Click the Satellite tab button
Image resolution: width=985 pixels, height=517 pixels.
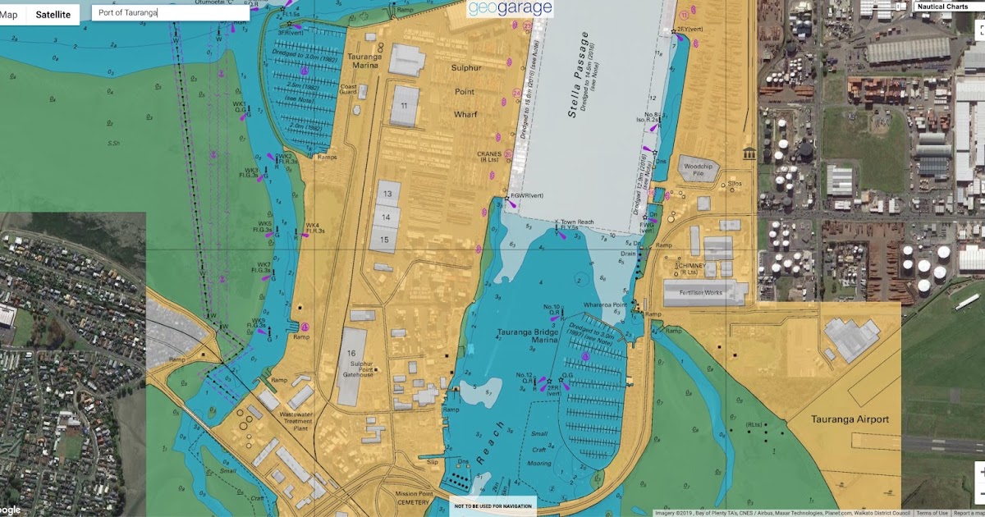coord(53,14)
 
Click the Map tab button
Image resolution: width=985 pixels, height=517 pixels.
coord(10,14)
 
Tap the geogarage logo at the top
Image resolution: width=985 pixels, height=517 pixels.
coord(510,9)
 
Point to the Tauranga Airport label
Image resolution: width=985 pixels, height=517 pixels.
coord(850,419)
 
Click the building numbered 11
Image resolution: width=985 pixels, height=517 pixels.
coord(404,106)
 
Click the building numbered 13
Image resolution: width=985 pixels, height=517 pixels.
coord(385,194)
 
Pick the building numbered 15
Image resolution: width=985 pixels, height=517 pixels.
coord(385,240)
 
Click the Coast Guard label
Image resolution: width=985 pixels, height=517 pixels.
coord(348,89)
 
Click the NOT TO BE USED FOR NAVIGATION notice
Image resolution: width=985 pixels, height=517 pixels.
coord(492,506)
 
